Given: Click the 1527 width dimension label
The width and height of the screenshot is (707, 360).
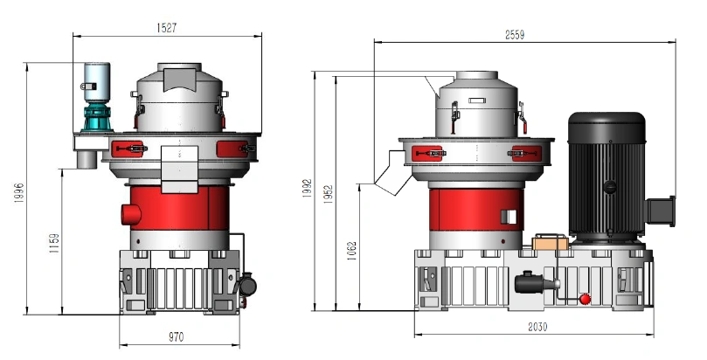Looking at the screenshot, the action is (x=167, y=27).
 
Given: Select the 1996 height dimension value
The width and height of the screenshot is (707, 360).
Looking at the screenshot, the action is (x=18, y=193).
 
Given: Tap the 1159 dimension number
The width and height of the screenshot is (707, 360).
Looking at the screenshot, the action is (x=54, y=243).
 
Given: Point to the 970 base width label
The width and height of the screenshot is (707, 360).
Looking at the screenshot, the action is (x=176, y=337).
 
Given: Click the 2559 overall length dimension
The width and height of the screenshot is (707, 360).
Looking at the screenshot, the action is (x=515, y=35).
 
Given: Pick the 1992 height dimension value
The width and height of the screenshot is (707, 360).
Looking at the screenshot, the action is (x=307, y=189).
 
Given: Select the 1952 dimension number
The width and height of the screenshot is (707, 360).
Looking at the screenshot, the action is (x=328, y=194).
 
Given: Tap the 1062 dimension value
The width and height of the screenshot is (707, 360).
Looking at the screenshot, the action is (x=351, y=251).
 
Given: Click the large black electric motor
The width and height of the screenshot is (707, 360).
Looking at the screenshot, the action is (x=606, y=176).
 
